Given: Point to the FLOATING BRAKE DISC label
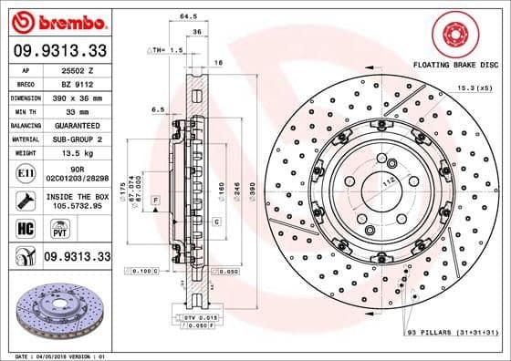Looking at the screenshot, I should tap(455, 67).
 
